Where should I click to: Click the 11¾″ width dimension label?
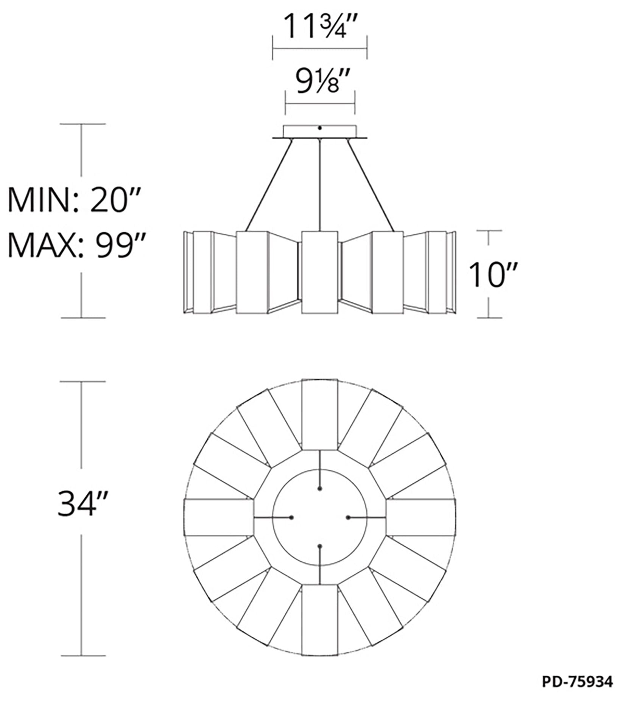tap(320, 26)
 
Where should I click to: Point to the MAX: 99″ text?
tap(71, 245)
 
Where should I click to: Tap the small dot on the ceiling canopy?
tap(320, 128)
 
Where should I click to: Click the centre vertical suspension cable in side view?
tap(320, 185)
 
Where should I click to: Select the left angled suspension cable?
tap(269, 185)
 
